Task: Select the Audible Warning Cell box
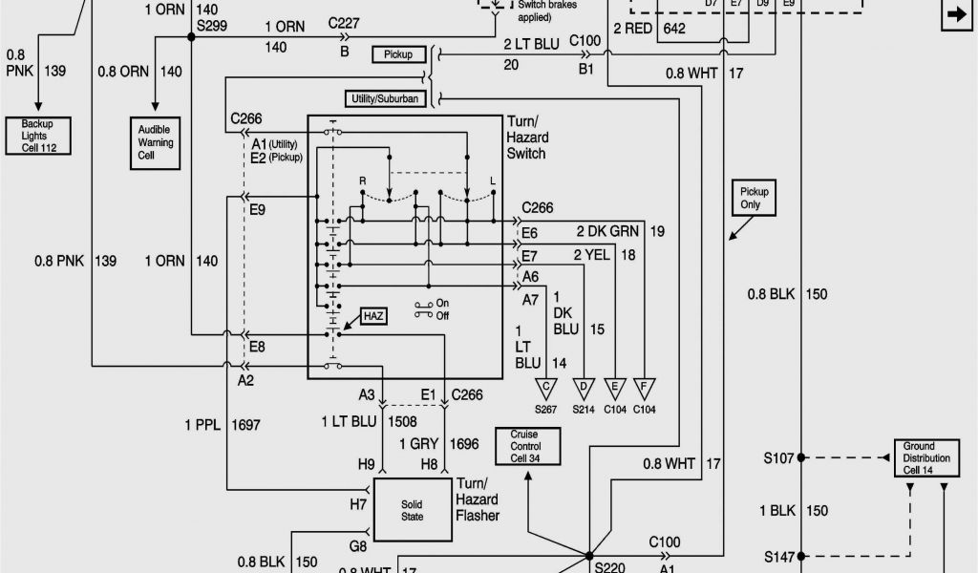coord(156,142)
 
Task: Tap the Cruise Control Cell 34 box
coord(527,446)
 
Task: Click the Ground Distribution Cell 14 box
coord(925,458)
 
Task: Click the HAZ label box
coord(372,316)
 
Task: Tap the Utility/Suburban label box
coord(385,98)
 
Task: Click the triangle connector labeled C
coord(546,388)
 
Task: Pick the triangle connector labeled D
coord(581,388)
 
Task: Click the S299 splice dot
coord(192,36)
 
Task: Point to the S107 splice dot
coord(800,457)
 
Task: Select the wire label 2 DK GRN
coord(606,231)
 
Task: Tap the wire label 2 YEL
coord(589,254)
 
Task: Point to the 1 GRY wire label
coord(417,444)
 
